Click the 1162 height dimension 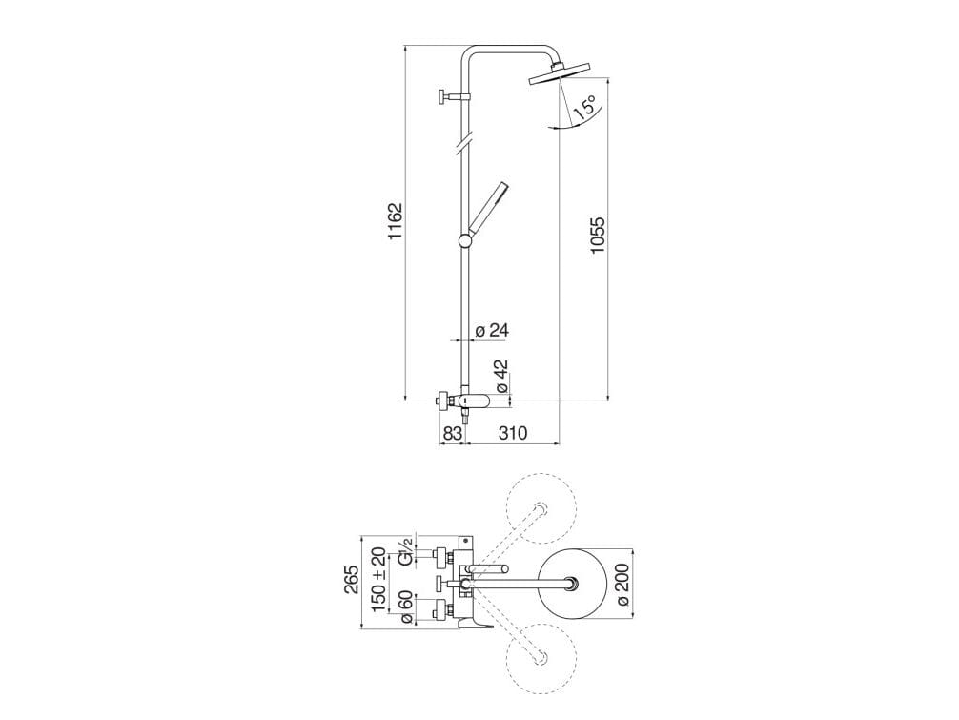pyautogui.click(x=395, y=221)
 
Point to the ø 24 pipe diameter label pyautogui.click(x=492, y=331)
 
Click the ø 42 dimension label pyautogui.click(x=500, y=376)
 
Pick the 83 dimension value pyautogui.click(x=452, y=433)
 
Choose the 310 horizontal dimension pyautogui.click(x=513, y=433)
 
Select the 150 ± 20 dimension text pyautogui.click(x=378, y=580)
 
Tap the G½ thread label pyautogui.click(x=405, y=552)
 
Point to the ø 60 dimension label pyautogui.click(x=405, y=608)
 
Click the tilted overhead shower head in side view pyautogui.click(x=557, y=73)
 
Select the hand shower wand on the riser pyautogui.click(x=486, y=207)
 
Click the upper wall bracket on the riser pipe pyautogui.click(x=454, y=96)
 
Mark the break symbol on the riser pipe pyautogui.click(x=465, y=142)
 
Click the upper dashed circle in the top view pyautogui.click(x=541, y=508)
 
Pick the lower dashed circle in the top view pyautogui.click(x=541, y=658)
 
